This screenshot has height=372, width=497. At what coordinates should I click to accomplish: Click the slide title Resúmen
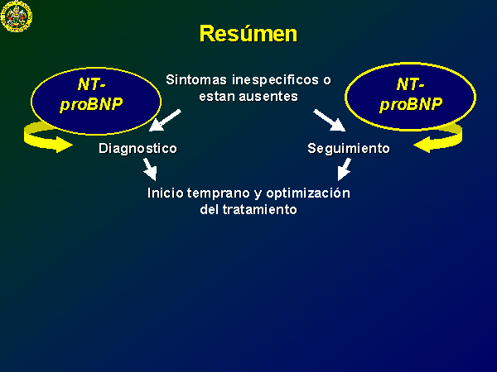[248, 34]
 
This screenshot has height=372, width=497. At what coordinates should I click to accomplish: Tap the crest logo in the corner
[17, 16]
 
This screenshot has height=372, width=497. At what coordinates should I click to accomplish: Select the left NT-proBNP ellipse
[96, 101]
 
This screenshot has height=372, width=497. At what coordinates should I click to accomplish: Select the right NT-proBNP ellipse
[410, 97]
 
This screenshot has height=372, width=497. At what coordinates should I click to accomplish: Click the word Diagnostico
[138, 149]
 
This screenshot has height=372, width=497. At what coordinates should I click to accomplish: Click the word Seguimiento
[349, 148]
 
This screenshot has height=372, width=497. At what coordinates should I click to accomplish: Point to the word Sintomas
[196, 79]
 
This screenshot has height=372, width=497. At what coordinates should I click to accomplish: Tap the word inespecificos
[276, 80]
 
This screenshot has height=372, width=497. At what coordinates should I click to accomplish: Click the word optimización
[308, 193]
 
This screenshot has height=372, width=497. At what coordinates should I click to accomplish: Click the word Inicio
[165, 193]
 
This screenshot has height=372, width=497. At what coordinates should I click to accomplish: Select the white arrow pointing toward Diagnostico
[165, 120]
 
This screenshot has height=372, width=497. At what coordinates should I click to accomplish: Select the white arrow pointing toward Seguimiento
[330, 120]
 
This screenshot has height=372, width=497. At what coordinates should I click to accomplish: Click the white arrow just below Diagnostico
[150, 169]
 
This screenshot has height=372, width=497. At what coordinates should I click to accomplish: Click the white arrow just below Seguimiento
[344, 169]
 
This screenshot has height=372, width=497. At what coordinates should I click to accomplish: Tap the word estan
[217, 97]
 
